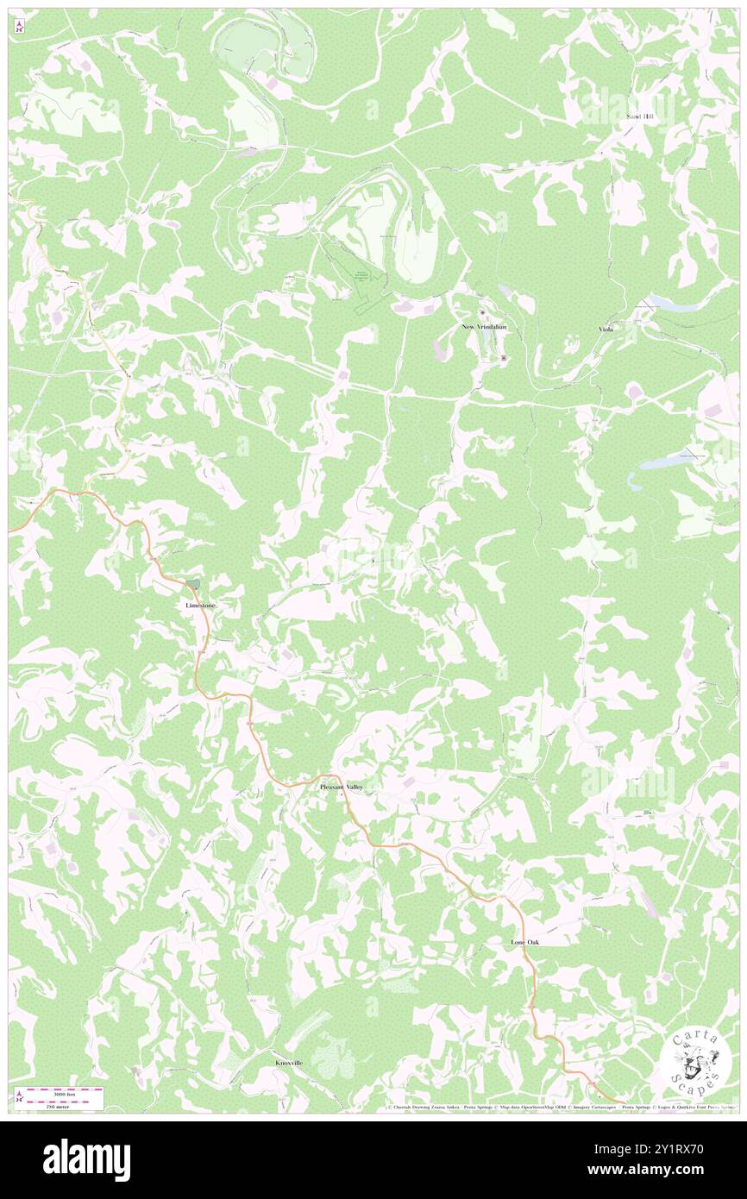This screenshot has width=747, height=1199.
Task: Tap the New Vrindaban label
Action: click(x=483, y=328)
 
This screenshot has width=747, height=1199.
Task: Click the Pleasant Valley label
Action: click(x=342, y=788)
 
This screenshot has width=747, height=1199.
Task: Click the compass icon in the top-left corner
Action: click(x=20, y=28)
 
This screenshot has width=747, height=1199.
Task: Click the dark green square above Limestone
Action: click(x=195, y=584)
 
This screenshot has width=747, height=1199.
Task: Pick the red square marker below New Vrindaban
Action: click(x=504, y=356)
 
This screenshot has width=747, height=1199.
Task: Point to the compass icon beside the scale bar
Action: click(x=20, y=1096)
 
